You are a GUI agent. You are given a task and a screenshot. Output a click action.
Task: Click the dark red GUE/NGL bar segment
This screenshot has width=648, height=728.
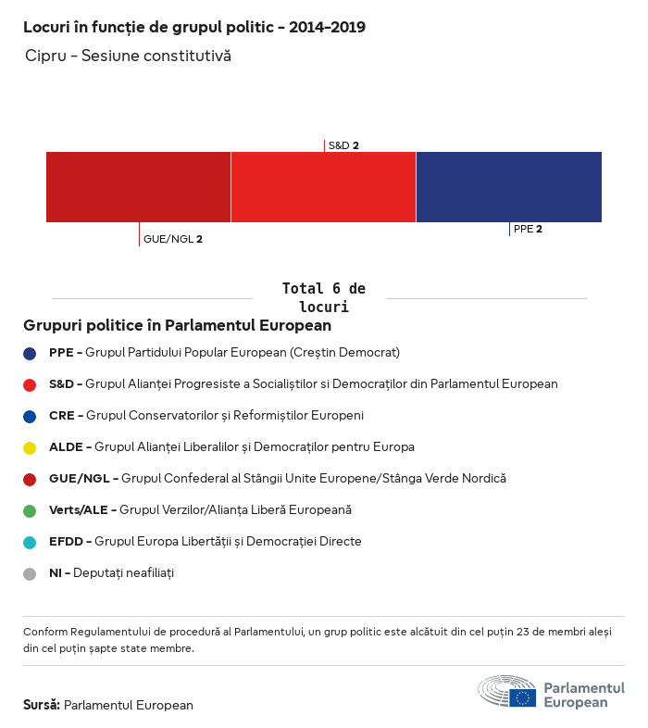(x=138, y=187)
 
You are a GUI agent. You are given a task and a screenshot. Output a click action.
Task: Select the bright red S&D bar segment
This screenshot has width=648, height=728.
(x=323, y=187)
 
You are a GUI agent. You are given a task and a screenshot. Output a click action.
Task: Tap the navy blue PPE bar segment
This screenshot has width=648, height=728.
(x=509, y=187)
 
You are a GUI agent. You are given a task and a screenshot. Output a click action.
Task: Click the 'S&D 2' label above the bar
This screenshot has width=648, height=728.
(x=343, y=145)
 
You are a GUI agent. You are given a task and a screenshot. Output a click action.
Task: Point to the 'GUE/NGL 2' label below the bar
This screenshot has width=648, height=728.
(x=172, y=239)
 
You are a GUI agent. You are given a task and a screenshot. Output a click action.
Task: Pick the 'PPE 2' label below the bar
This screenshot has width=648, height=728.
(x=528, y=229)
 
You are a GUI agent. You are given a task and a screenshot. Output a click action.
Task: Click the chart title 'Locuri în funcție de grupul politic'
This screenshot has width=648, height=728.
(x=194, y=27)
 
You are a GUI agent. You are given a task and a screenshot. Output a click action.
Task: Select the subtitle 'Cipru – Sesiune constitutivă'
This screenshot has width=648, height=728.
(x=129, y=56)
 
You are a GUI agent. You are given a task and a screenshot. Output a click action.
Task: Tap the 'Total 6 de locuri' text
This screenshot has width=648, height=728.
(x=323, y=297)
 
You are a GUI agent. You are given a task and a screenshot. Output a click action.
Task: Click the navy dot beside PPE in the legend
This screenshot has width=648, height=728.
(x=30, y=353)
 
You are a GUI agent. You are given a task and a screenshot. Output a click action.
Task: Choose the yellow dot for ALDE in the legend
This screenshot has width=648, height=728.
(x=30, y=447)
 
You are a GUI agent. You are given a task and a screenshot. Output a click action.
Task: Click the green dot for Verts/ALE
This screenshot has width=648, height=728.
(x=30, y=510)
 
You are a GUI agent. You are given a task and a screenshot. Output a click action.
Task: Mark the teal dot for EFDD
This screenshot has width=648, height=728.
(x=30, y=542)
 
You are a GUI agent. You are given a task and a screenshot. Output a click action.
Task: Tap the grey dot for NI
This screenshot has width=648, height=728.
(x=30, y=573)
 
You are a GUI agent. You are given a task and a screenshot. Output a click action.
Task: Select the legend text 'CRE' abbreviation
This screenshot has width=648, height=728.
(x=61, y=416)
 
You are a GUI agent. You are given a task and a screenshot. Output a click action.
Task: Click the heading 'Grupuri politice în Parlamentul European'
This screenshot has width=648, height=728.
(x=178, y=326)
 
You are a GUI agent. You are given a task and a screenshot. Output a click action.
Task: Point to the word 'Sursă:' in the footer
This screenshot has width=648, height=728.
(x=42, y=705)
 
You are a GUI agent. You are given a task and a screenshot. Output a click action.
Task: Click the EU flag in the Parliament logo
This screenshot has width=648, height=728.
(x=522, y=697)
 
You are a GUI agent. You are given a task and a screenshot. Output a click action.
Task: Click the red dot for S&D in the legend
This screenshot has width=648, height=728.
(x=30, y=384)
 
